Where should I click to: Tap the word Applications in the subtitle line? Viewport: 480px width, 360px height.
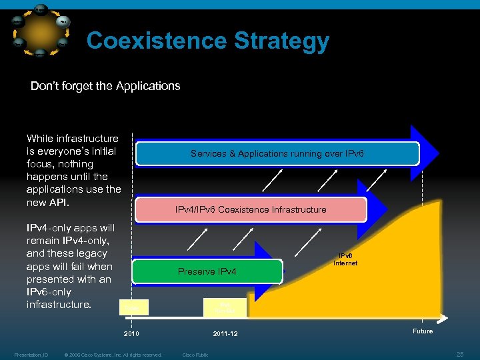[x=148, y=86]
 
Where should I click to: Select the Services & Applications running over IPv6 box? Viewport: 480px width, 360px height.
[x=277, y=153]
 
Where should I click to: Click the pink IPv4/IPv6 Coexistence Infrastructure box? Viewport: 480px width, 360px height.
[x=251, y=209]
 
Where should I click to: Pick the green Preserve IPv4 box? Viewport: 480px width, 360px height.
[x=207, y=271]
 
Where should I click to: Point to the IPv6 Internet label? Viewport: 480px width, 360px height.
[x=345, y=259]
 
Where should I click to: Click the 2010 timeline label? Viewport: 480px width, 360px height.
[x=133, y=333]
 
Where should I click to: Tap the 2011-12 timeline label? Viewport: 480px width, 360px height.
[x=225, y=333]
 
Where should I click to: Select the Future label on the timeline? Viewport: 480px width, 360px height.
[x=423, y=331]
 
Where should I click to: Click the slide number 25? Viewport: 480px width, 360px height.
[x=459, y=353]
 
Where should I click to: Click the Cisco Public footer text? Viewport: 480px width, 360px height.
[x=195, y=355]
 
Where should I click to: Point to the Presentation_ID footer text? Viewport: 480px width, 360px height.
[x=31, y=355]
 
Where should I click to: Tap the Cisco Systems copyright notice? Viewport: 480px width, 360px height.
[x=113, y=355]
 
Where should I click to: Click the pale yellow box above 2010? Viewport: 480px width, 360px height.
[x=133, y=307]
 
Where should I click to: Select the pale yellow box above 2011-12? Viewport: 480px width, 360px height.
[x=225, y=307]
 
